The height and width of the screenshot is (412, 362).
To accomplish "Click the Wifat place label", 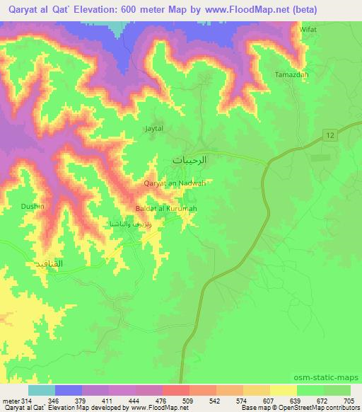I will click(308, 30).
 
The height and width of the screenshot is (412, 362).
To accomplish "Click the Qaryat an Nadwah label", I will click(174, 183).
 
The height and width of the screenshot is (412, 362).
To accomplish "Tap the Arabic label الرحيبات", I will click(190, 160).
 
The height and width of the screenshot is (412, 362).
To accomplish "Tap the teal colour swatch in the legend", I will click(41, 390).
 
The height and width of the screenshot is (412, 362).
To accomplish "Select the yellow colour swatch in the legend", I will click(283, 390).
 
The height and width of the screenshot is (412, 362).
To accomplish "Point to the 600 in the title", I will click(156, 9).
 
